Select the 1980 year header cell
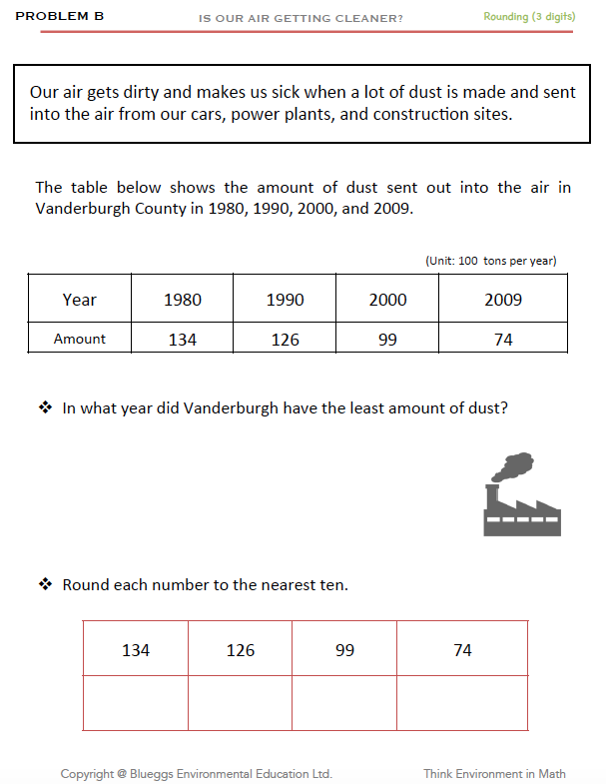tap(183, 300)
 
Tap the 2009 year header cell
tap(503, 300)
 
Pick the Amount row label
tap(80, 339)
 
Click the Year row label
tap(80, 300)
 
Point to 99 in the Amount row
tap(388, 340)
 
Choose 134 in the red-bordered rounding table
tap(136, 650)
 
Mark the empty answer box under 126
tap(241, 703)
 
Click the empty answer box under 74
tap(462, 703)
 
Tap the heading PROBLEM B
tap(60, 17)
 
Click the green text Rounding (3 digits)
tap(529, 17)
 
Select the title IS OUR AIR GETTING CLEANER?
tap(302, 18)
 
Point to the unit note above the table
tap(490, 261)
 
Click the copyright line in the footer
tap(197, 773)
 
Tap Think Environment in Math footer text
tap(495, 773)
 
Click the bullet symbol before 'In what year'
tap(45, 407)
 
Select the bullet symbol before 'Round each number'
tap(45, 584)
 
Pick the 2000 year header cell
tap(388, 300)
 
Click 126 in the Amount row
tap(286, 340)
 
